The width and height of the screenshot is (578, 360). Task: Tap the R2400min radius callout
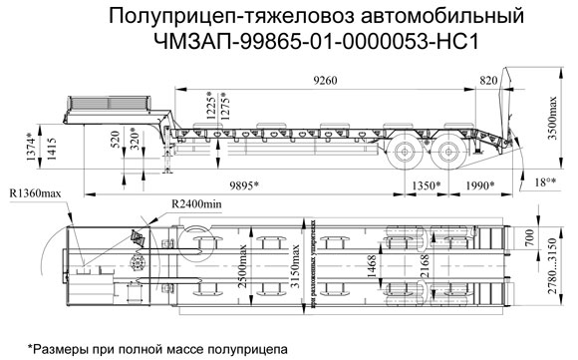coord(195,204)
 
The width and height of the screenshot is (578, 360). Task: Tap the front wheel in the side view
coord(406,154)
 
